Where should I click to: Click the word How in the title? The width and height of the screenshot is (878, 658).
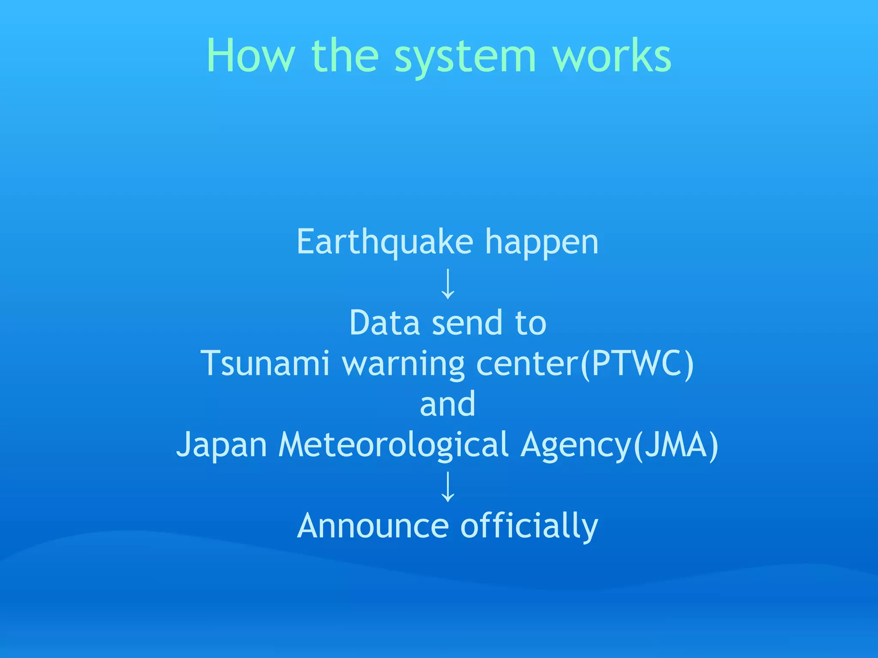coord(250,56)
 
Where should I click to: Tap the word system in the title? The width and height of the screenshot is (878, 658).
coord(465,58)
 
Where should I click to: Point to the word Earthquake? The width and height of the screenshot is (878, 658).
coord(385,242)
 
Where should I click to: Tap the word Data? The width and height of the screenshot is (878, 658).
coord(384,323)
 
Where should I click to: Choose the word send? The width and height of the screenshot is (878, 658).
coord(467,323)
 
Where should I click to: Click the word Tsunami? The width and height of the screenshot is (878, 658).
coord(265,363)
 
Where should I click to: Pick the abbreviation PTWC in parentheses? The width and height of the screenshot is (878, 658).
coord(637,363)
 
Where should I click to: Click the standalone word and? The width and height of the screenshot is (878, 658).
coord(448,404)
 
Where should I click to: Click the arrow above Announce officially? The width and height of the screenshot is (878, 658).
coord(448,487)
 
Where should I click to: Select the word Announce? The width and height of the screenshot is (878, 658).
coord(373,526)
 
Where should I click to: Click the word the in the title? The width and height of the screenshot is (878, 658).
coord(345,56)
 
